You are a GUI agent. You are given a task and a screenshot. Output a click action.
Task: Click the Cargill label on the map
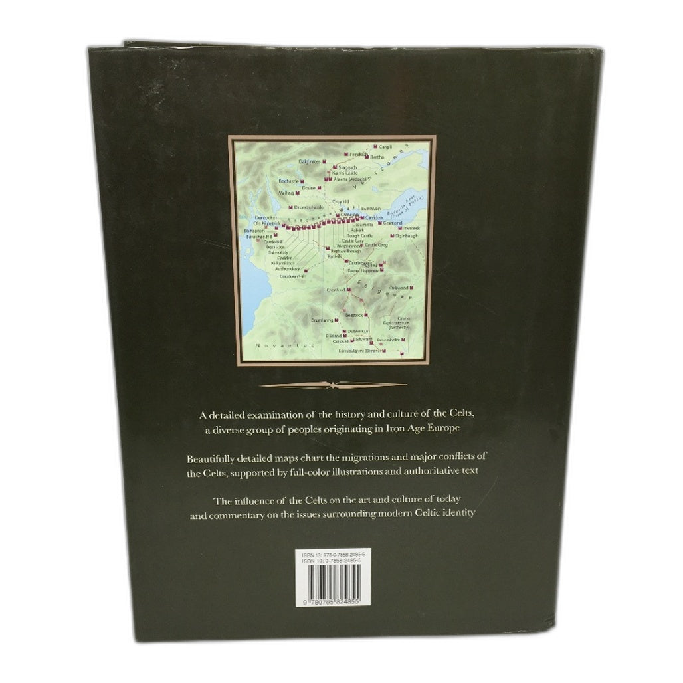[x=386, y=146]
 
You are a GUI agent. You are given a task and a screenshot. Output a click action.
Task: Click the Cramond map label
[x=393, y=223]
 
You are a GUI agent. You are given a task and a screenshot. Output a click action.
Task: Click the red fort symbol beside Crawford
[x=347, y=290]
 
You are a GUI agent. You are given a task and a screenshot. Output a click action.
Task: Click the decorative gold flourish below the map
[x=333, y=385]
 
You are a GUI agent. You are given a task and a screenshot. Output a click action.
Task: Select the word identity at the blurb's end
[x=458, y=514]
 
